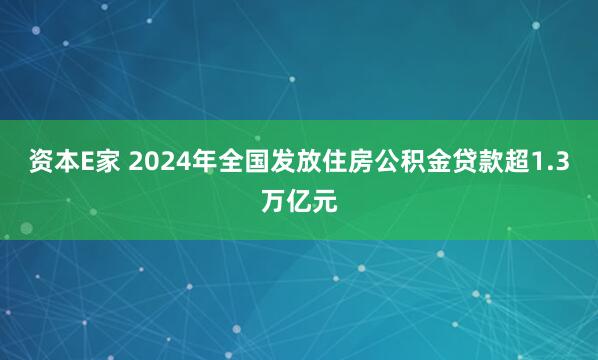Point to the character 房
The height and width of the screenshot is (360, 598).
pos(351,164)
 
